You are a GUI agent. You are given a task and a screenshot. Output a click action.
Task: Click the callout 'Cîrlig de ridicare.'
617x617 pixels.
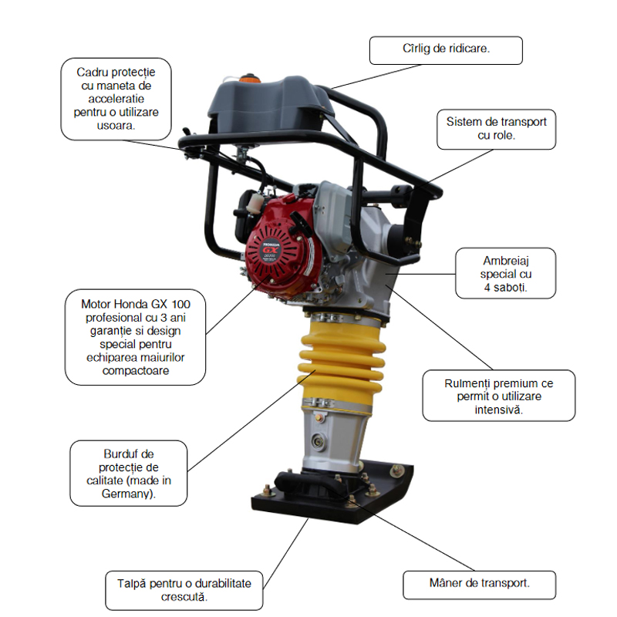pos(446,49)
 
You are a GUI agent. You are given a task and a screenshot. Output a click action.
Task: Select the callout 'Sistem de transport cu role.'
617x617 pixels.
pos(496,128)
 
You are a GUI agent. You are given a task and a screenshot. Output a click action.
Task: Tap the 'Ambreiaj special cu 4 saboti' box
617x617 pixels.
pos(506,274)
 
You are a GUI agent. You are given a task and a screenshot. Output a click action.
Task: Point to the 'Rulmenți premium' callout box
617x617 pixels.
pos(498,396)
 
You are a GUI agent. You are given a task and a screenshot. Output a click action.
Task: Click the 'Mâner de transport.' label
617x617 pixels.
pos(479,583)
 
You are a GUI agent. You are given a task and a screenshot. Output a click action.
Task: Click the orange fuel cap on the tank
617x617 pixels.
pos(249,78)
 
